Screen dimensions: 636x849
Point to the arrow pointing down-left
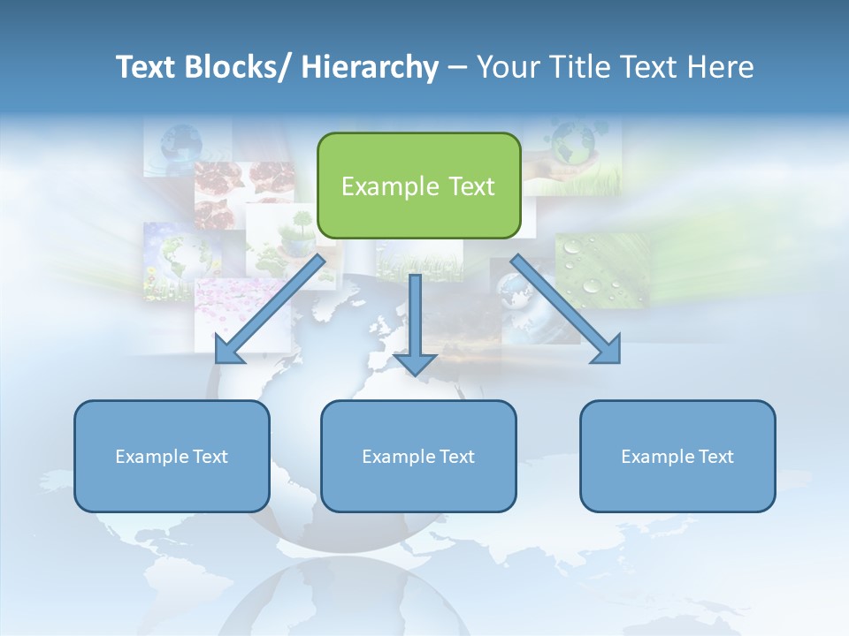click(x=270, y=309)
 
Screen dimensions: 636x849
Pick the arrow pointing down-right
click(x=566, y=309)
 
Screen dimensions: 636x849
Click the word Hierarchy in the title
click(x=370, y=67)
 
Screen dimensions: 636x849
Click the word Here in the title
click(x=716, y=67)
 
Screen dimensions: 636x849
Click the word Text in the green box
click(x=471, y=186)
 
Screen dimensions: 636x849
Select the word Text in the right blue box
click(x=715, y=457)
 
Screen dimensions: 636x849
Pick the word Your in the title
click(x=505, y=67)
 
